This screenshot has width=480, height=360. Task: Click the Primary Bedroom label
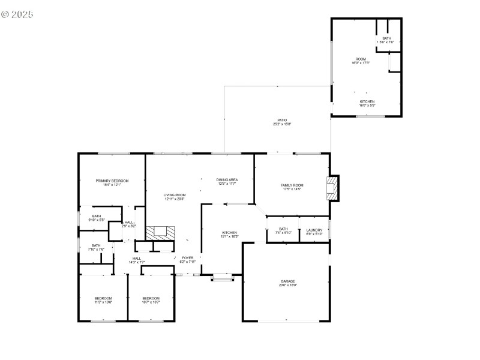point(112,182)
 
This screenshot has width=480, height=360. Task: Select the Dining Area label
point(227,181)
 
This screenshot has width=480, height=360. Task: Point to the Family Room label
point(292,187)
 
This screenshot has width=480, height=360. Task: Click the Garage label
point(288,283)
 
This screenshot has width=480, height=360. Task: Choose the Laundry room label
point(314,232)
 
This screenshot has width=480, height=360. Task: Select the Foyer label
point(188,259)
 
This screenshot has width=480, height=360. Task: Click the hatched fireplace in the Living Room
point(161,233)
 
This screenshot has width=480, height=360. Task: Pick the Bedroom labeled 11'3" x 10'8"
point(103,300)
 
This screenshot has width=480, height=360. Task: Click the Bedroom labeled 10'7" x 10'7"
point(151,300)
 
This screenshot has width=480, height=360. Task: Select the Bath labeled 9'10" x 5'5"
point(97,218)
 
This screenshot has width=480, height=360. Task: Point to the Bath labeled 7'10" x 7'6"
point(97,247)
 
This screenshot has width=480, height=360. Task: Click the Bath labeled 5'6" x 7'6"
point(386,40)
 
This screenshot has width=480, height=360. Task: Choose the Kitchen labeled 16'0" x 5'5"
point(367,103)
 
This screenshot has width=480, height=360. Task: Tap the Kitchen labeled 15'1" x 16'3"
point(230,234)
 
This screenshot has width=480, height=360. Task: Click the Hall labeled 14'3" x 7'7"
point(137,260)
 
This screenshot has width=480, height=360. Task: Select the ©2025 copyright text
point(17,13)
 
